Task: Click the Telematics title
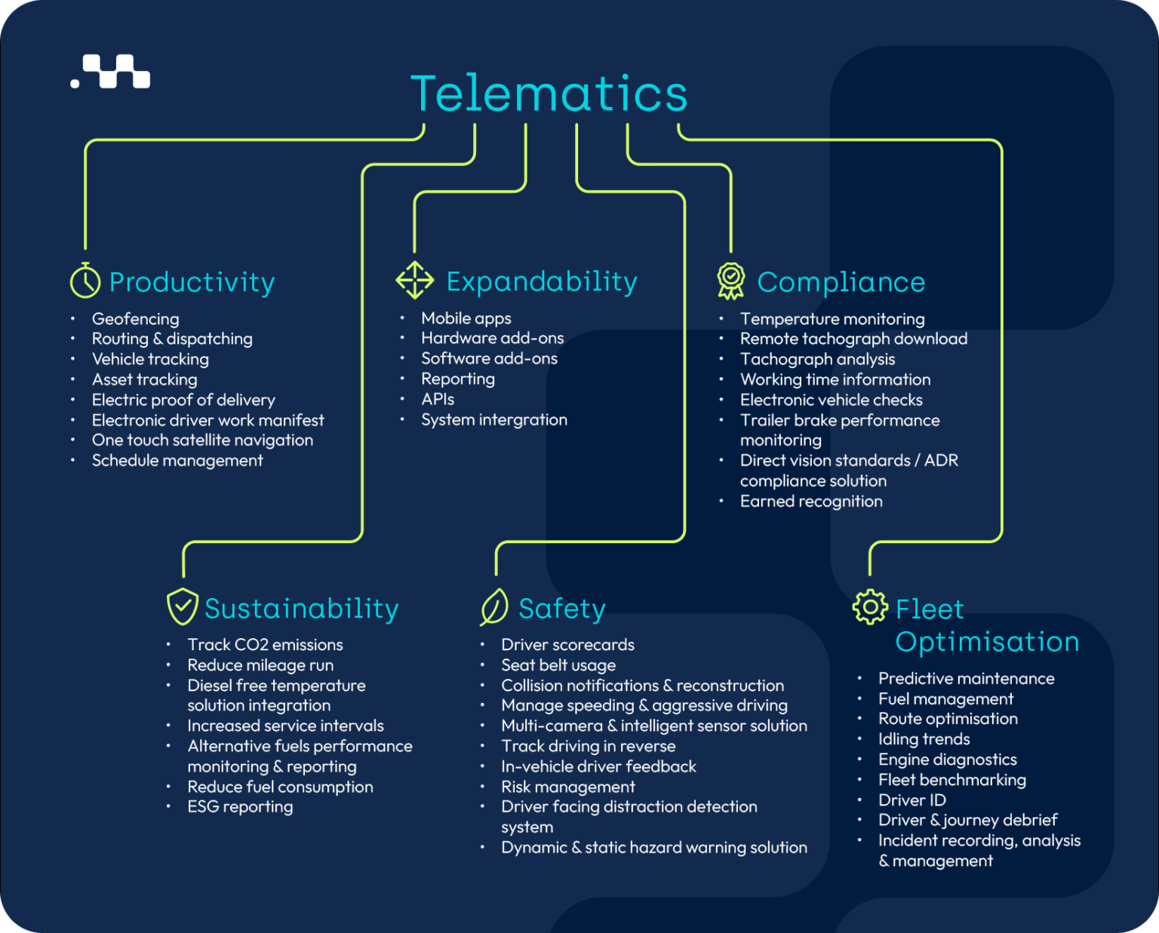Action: click(x=549, y=94)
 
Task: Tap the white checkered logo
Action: click(x=111, y=72)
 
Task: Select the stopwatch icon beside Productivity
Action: click(x=85, y=281)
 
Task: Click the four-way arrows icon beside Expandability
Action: click(x=415, y=280)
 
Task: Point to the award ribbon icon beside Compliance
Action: click(x=730, y=281)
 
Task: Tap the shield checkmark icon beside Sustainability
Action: click(x=182, y=606)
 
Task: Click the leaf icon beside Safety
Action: click(x=494, y=607)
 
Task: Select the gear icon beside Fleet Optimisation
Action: click(x=870, y=607)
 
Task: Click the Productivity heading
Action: click(x=192, y=282)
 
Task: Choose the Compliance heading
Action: click(x=841, y=282)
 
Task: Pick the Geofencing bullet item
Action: click(x=136, y=319)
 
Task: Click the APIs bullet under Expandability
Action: click(x=438, y=400)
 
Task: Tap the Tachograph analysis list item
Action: click(x=817, y=360)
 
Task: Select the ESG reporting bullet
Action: click(x=240, y=807)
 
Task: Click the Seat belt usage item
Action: click(x=558, y=665)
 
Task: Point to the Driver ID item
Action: click(x=912, y=800)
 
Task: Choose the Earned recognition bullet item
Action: click(x=811, y=502)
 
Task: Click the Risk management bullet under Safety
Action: click(x=568, y=787)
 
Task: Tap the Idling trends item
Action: click(x=924, y=739)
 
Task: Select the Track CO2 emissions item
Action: click(x=265, y=645)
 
